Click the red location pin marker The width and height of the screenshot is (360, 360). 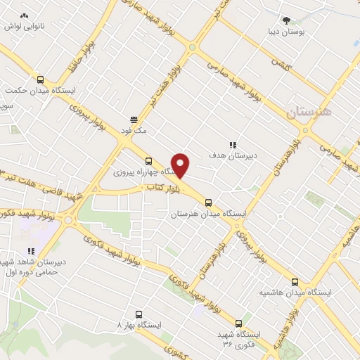tap(181, 165)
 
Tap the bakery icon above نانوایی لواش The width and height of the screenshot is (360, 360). tap(25, 15)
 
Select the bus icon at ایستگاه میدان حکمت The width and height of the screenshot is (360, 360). tap(40, 79)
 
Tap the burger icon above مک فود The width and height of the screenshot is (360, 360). tap(134, 119)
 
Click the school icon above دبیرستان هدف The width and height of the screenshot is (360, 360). tap(232, 144)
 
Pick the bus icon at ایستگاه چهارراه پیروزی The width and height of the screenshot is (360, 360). tap(148, 161)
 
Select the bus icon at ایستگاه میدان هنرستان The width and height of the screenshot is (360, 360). tap(207, 202)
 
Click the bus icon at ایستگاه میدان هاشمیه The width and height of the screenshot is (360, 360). tap(295, 281)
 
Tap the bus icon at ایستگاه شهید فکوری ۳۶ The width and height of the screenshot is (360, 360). tap(238, 324)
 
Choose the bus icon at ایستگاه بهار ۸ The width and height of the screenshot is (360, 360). tap(138, 315)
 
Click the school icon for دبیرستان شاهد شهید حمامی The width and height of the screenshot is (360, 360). tap(30, 251)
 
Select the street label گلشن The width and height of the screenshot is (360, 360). tap(282, 63)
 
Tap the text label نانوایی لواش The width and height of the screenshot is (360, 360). tap(23, 26)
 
